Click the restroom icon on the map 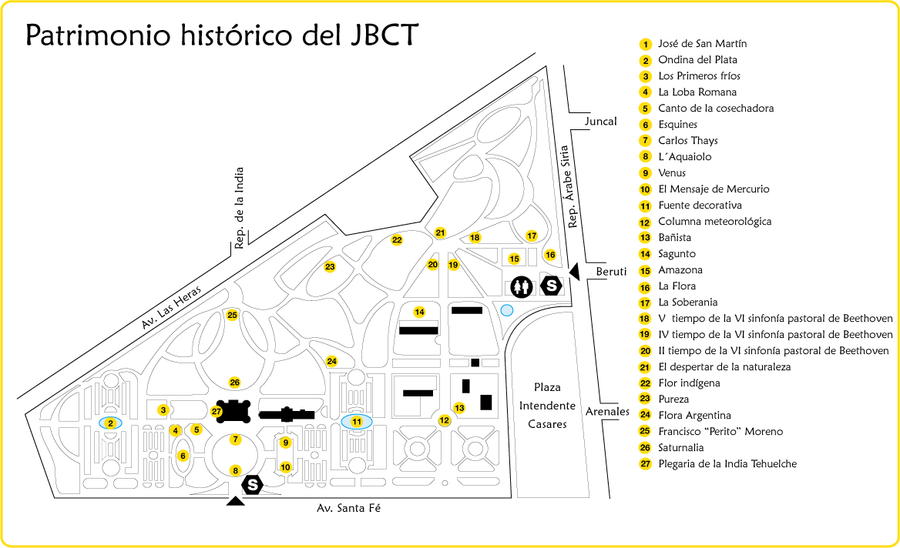click(x=521, y=286)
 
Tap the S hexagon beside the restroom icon click(x=552, y=286)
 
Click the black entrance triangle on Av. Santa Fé click(x=236, y=501)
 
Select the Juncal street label click(x=600, y=121)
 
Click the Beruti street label click(x=613, y=271)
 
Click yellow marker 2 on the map click(x=111, y=423)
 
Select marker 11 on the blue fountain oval click(x=357, y=422)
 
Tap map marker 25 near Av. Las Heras click(x=233, y=315)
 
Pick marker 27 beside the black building click(x=217, y=411)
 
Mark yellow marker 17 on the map click(x=532, y=236)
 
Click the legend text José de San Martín click(x=702, y=44)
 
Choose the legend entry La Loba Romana click(x=697, y=92)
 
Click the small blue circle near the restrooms click(x=506, y=310)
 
